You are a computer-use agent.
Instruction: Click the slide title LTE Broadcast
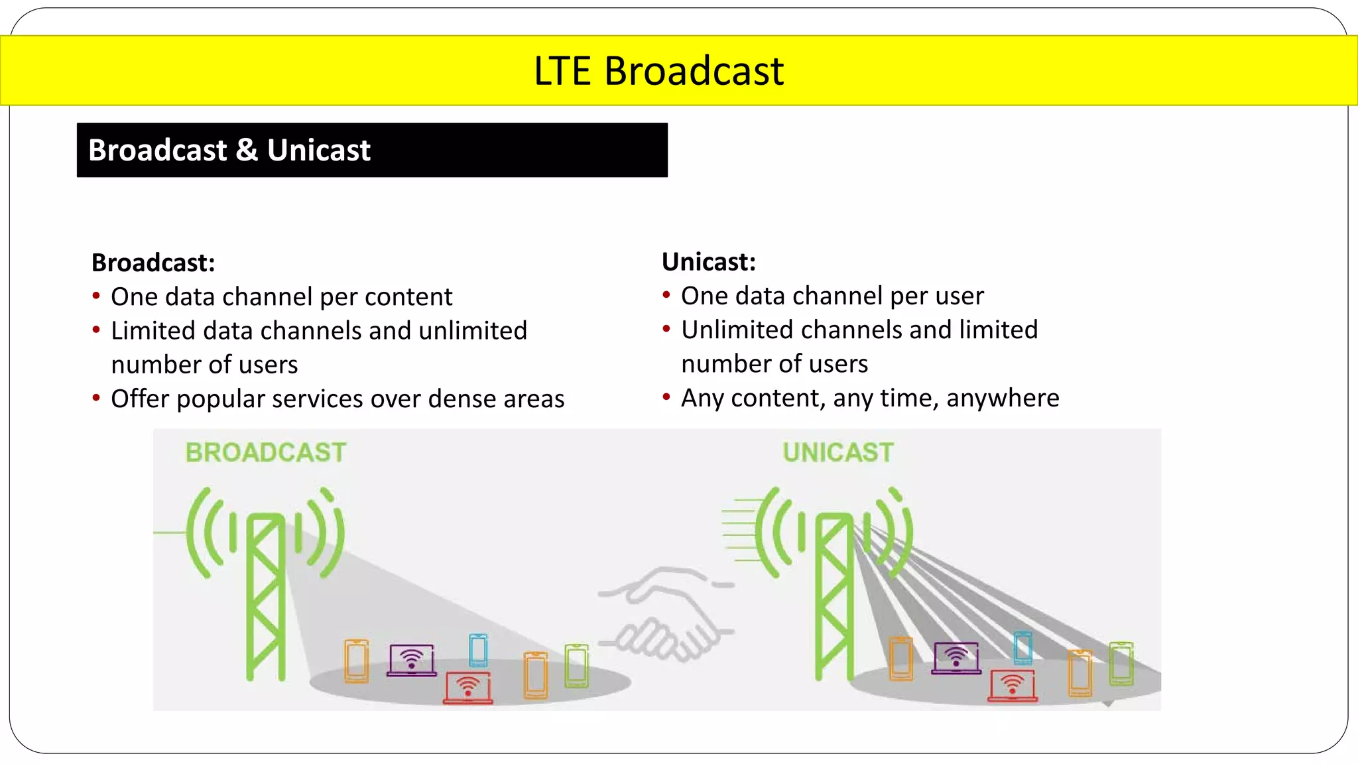658,71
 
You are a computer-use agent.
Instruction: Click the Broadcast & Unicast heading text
229,151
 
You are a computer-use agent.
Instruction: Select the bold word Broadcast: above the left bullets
153,263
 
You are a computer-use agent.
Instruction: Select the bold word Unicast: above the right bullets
708,262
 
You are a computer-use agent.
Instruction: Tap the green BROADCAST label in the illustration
265,452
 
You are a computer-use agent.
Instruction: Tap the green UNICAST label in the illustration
837,452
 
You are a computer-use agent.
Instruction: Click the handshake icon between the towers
666,613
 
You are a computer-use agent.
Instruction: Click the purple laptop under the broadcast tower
412,659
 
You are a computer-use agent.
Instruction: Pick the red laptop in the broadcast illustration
468,686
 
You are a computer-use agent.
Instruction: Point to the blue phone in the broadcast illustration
478,649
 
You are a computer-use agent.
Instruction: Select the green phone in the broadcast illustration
576,665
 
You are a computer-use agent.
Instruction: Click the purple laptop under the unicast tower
956,657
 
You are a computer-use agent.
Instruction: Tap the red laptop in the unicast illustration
1013,685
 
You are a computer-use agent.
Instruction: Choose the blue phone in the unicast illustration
1022,647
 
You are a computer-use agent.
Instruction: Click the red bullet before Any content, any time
666,397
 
